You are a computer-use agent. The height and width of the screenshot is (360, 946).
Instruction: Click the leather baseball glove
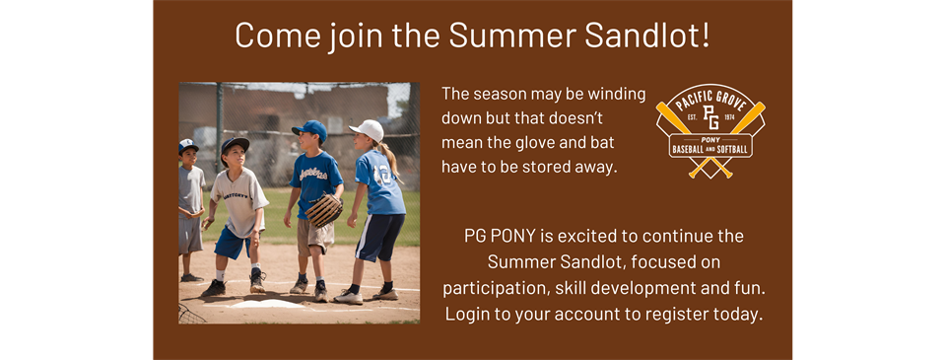point(323,210)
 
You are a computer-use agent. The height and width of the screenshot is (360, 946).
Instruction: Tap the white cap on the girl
point(368,130)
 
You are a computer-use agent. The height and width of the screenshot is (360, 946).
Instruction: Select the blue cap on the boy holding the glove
point(309,129)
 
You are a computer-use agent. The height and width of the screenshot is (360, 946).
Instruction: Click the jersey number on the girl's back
point(380,175)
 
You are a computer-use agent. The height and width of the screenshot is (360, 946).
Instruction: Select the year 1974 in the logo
point(729,118)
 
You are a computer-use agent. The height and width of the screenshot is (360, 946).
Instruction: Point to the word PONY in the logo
point(710,140)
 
